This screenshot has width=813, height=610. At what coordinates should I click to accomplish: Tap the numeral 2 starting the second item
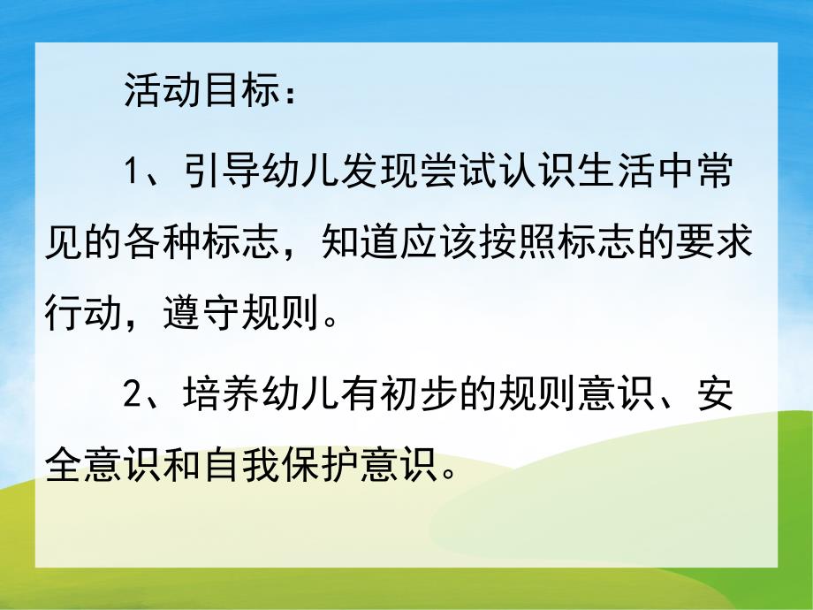click(x=132, y=393)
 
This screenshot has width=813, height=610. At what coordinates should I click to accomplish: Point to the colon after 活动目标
click(x=288, y=94)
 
